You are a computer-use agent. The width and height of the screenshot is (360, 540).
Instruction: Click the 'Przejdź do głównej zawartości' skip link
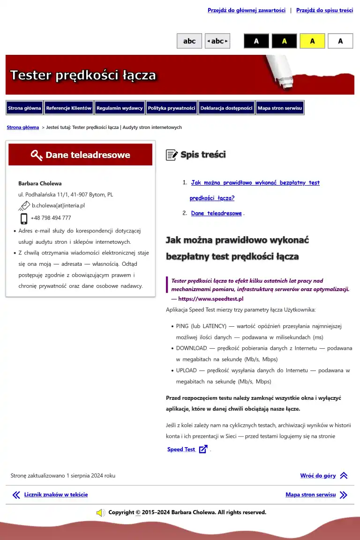(247, 10)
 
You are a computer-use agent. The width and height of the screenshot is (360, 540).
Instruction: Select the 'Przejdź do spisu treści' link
(324, 10)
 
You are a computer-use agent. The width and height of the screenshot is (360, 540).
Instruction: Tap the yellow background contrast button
(312, 41)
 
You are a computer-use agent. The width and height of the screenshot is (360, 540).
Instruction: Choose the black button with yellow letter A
(284, 41)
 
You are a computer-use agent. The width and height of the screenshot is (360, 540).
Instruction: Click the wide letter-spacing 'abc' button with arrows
(217, 41)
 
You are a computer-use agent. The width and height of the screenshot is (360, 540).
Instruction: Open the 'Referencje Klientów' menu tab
(69, 108)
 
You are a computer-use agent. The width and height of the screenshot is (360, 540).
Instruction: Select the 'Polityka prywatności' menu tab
(172, 108)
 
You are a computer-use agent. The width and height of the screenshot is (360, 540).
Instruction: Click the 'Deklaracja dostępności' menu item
(226, 108)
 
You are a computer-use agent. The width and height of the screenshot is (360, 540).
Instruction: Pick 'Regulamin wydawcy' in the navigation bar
(120, 108)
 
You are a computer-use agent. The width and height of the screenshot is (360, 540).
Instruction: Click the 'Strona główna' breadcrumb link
(23, 127)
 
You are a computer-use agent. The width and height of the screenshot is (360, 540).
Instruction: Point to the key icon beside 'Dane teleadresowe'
(37, 155)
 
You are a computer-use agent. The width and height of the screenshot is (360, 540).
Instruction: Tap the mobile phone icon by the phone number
(24, 218)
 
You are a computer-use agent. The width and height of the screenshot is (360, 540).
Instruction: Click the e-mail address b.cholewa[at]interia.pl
(58, 205)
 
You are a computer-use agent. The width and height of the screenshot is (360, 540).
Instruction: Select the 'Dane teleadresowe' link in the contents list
(216, 213)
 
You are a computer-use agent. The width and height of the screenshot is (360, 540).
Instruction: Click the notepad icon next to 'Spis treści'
(172, 155)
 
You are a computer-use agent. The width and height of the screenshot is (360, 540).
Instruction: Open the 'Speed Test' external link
(181, 450)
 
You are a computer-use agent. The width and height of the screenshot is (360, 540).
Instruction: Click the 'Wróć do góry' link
(318, 476)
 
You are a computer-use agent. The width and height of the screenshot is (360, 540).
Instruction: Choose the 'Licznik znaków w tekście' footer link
(56, 495)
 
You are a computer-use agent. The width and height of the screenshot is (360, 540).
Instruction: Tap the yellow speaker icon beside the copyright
(100, 513)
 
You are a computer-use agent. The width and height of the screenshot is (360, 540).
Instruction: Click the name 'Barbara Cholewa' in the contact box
(40, 183)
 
